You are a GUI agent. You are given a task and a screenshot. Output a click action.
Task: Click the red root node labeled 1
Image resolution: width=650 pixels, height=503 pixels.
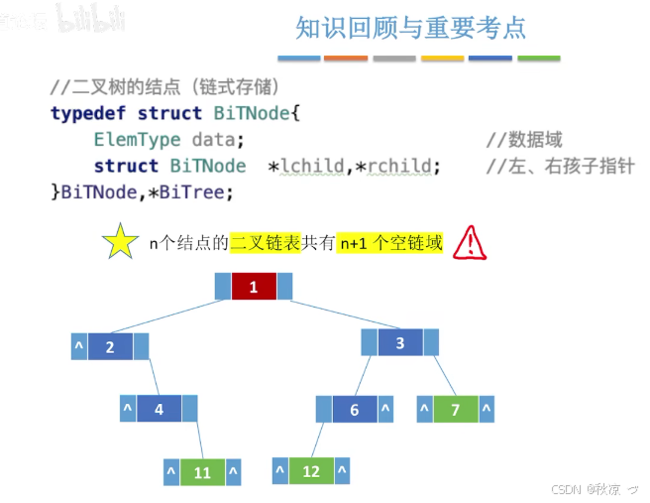pos(254,287)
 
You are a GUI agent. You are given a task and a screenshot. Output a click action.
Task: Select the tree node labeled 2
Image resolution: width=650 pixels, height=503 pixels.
pos(110,346)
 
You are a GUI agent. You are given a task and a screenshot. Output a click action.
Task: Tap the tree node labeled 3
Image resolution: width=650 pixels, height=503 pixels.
pos(400,343)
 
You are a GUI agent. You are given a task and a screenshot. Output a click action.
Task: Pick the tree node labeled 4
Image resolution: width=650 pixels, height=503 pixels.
pos(160,408)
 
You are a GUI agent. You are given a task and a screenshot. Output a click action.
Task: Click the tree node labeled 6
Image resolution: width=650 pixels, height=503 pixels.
pos(355,409)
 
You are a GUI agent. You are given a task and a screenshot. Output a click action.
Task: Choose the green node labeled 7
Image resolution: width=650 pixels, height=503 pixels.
pos(455,409)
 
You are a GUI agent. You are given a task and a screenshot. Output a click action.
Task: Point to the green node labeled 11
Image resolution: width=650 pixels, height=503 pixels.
pos(203,472)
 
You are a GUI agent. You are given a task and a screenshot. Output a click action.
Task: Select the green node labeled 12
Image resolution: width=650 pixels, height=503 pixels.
pos(311,470)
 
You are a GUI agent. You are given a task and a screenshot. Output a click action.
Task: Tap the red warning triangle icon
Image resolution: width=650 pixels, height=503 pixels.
pos(469,242)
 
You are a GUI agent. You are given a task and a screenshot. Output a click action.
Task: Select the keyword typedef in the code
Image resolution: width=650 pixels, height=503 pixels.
pos(89,113)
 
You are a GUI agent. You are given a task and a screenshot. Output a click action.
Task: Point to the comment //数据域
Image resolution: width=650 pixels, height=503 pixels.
pos(524,140)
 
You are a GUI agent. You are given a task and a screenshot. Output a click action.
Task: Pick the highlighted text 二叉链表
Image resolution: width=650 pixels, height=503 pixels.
pos(265,242)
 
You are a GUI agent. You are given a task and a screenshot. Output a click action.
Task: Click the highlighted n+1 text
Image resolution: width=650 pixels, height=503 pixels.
pos(353,242)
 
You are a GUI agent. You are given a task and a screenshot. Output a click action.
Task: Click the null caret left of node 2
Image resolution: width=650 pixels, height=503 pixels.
pos(78,347)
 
